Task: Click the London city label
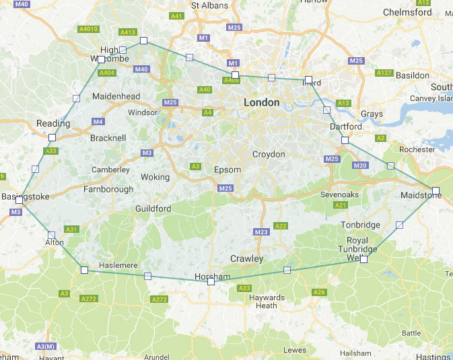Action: click(x=261, y=102)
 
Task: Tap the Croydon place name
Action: click(x=269, y=154)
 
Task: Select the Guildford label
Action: click(x=153, y=209)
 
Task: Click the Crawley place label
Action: click(x=246, y=258)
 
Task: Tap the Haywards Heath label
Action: click(x=266, y=301)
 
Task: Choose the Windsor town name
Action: click(x=142, y=112)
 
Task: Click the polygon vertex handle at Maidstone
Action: click(x=435, y=190)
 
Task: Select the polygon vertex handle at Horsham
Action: click(x=211, y=282)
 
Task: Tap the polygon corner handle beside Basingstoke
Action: click(x=19, y=200)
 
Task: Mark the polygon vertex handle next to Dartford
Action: click(x=345, y=141)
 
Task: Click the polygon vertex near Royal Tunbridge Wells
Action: click(x=363, y=259)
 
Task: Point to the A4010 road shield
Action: click(x=88, y=29)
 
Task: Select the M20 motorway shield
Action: click(x=360, y=166)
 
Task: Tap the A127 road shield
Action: click(x=384, y=73)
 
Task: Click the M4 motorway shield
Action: click(x=98, y=122)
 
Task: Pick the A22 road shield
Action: click(x=281, y=225)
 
